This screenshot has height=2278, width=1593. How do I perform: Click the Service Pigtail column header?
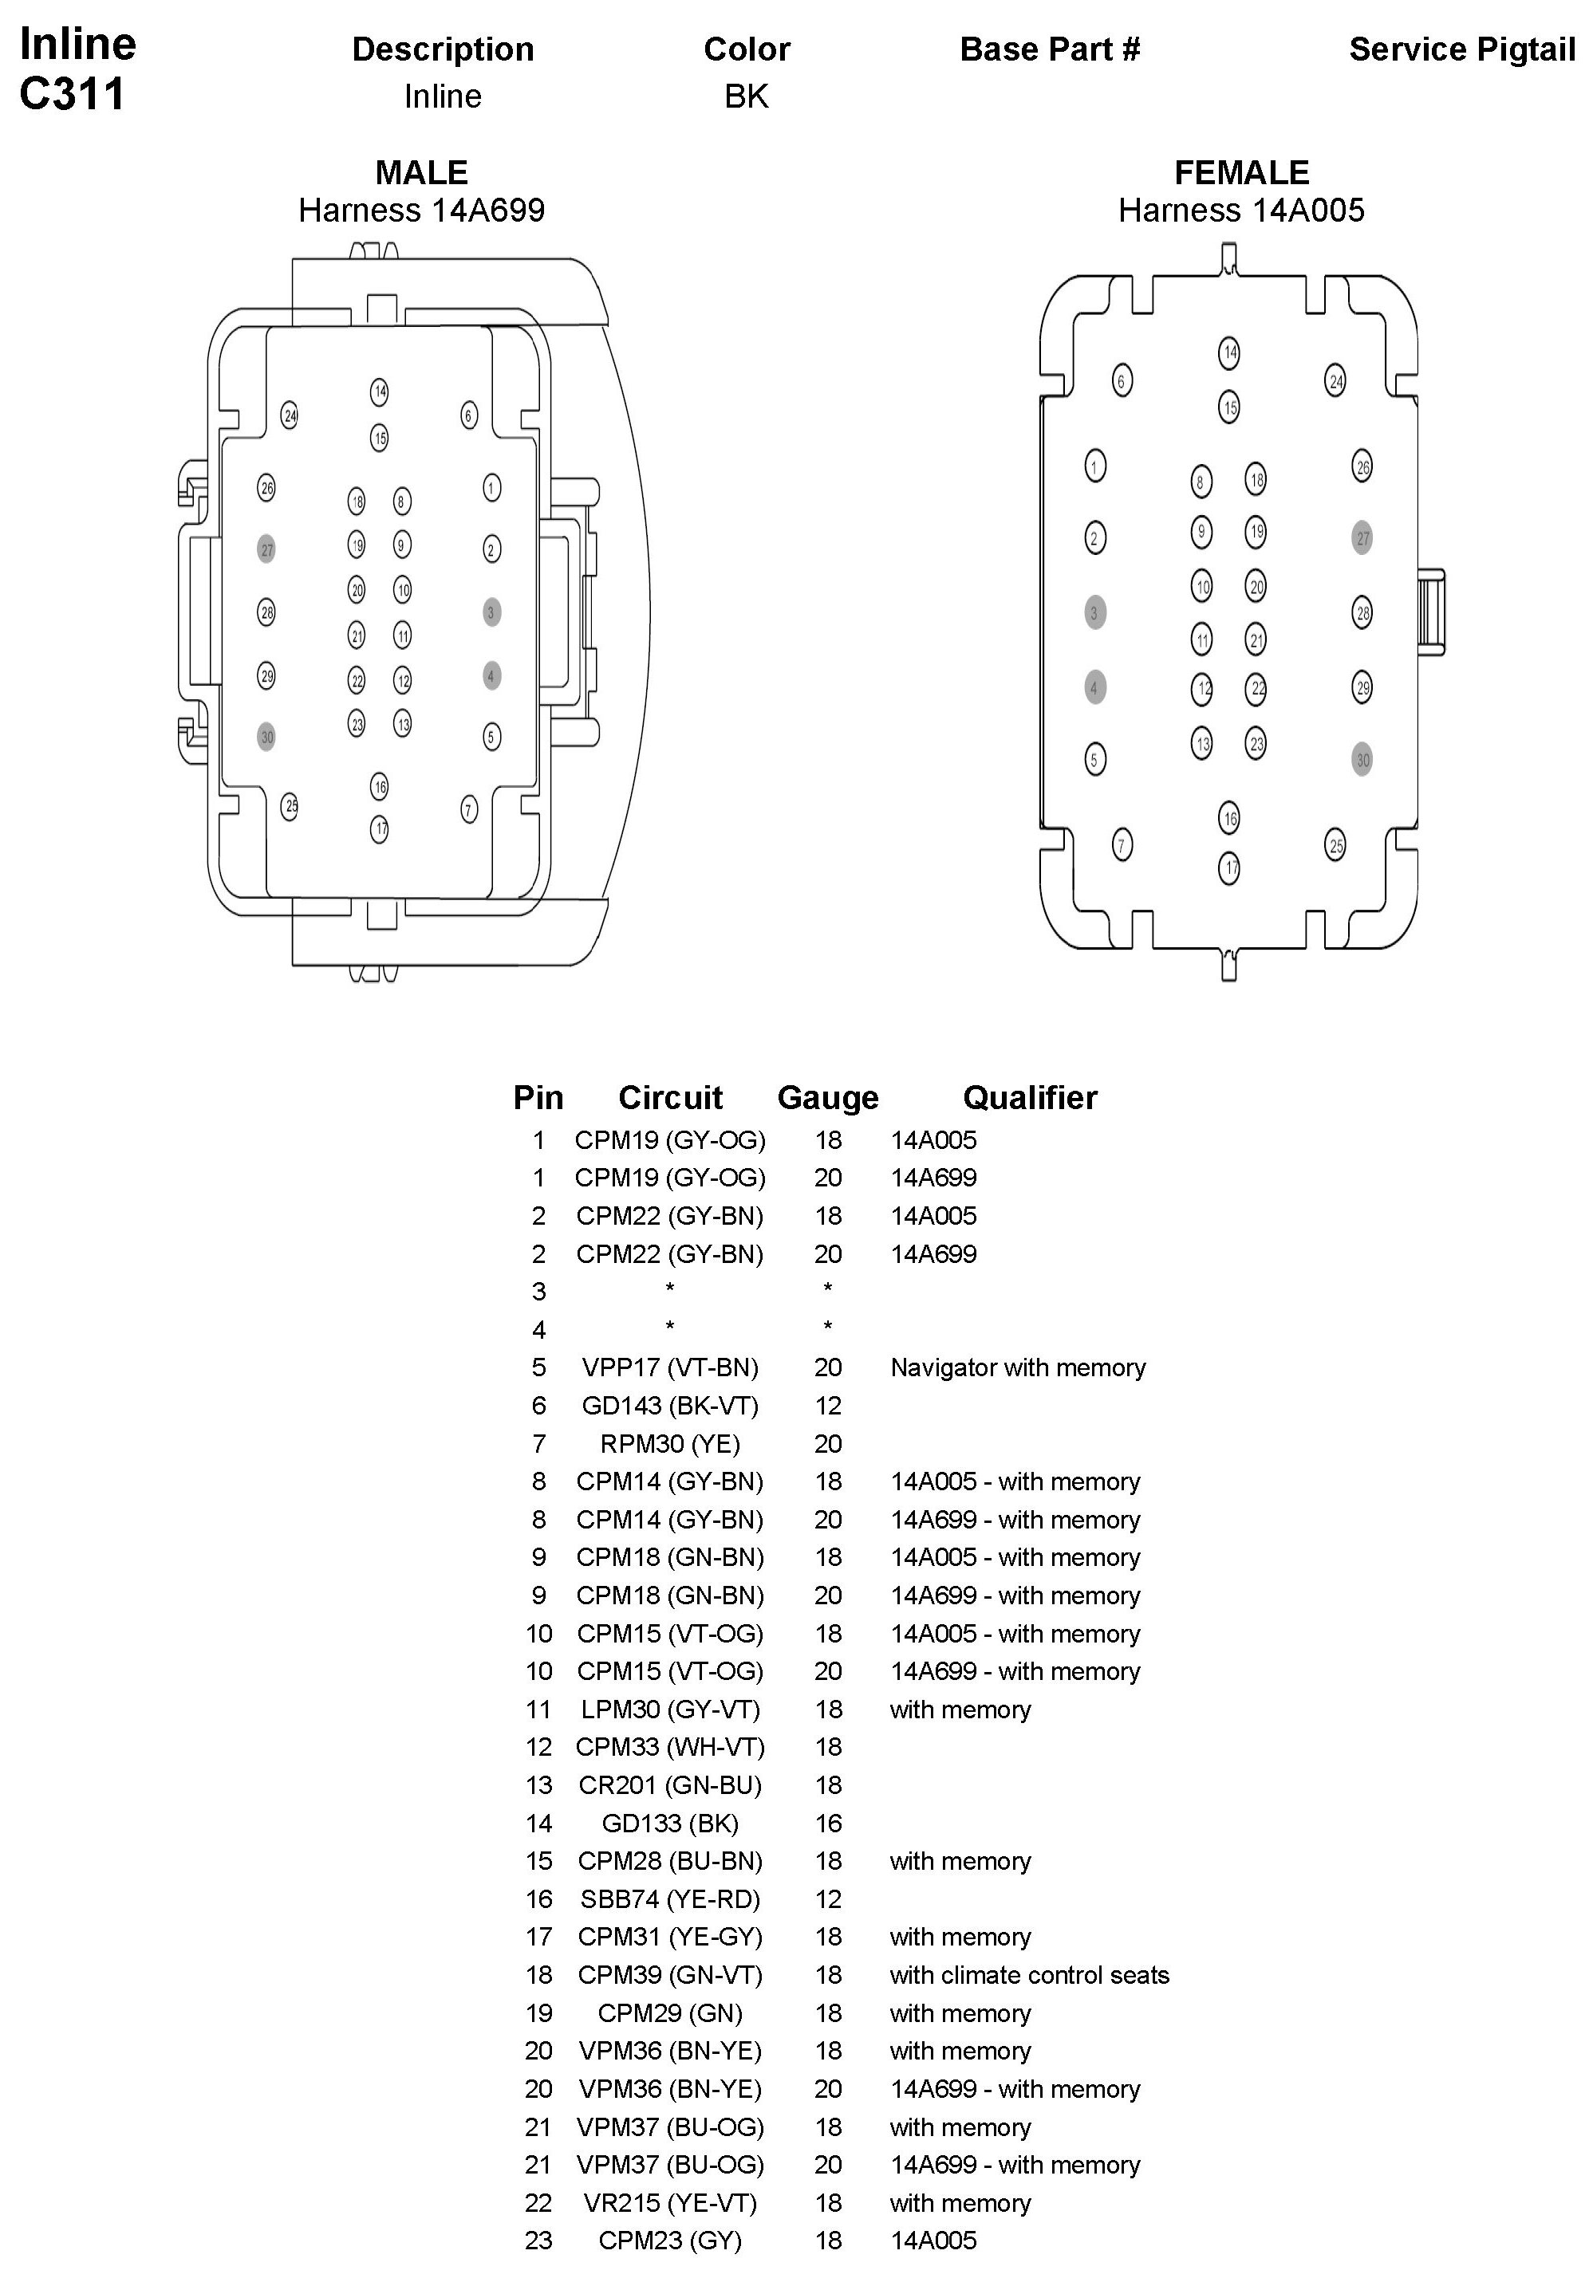coord(1461,49)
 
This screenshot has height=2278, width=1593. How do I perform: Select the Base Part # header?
coord(1049,49)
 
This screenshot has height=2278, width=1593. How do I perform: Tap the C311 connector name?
coord(73,94)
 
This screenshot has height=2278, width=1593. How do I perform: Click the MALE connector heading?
coord(421,173)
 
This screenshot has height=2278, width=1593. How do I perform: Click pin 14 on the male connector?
coord(379,392)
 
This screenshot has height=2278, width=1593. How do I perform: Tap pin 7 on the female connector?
coord(1122,844)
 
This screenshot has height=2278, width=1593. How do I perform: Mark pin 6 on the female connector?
coord(1122,380)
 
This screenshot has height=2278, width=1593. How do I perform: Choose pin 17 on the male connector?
coord(379,828)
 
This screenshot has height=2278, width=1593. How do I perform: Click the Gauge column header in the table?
coord(828,1097)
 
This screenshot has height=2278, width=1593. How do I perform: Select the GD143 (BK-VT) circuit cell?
coord(670,1406)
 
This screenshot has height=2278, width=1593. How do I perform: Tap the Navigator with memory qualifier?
coord(1017,1367)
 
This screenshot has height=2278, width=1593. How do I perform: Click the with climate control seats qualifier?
coord(1029,1975)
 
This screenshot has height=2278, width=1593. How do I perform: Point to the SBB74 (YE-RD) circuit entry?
coord(670,1899)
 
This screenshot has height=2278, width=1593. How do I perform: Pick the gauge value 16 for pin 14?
coord(828,1824)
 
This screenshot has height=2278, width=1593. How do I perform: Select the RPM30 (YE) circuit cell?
coord(670,1444)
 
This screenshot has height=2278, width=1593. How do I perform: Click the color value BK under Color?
coord(747,96)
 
